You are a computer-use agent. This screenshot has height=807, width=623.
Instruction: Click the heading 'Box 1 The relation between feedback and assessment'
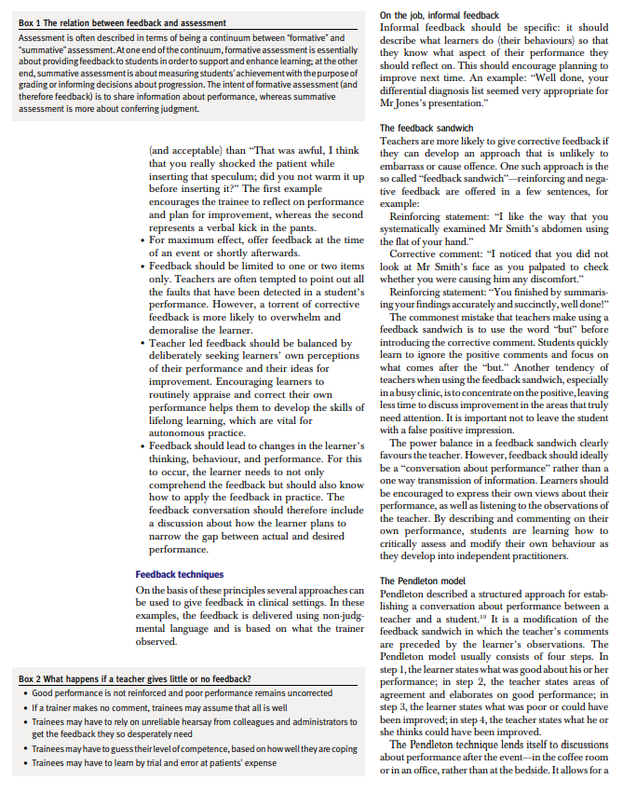tap(122, 22)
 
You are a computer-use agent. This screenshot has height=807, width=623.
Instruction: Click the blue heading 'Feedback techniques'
tap(180, 575)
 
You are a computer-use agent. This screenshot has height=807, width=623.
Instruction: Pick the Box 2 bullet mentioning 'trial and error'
tap(155, 763)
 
